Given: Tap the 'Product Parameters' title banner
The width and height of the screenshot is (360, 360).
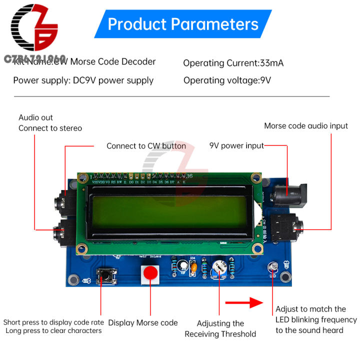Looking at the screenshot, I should tap(183, 24).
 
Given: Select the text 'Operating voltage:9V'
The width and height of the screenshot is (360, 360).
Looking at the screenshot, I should tap(227, 80).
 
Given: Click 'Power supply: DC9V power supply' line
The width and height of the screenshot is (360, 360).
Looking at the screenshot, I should tap(83, 80).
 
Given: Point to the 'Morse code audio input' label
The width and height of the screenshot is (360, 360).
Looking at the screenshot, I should tap(306, 126).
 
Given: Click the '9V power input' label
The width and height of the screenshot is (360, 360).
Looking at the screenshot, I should tap(236, 146).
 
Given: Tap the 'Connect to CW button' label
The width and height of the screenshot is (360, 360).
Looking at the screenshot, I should tap(146, 146).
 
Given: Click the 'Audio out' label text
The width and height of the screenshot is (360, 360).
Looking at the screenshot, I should tap(35, 117).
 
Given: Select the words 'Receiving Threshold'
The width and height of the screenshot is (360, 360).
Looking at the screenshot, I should tap(220, 334).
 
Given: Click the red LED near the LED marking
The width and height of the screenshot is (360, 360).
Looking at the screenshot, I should tap(272, 266).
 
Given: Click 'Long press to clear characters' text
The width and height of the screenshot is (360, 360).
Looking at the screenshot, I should tap(53, 331).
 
